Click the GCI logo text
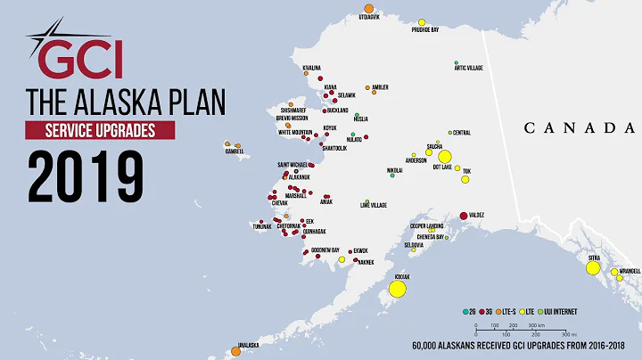(86, 60)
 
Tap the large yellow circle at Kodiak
(398, 289)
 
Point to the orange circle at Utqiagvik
(369, 7)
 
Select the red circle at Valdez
(464, 216)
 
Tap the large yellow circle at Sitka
(594, 266)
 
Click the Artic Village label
(469, 68)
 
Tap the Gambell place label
(234, 151)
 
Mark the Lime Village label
(374, 206)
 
